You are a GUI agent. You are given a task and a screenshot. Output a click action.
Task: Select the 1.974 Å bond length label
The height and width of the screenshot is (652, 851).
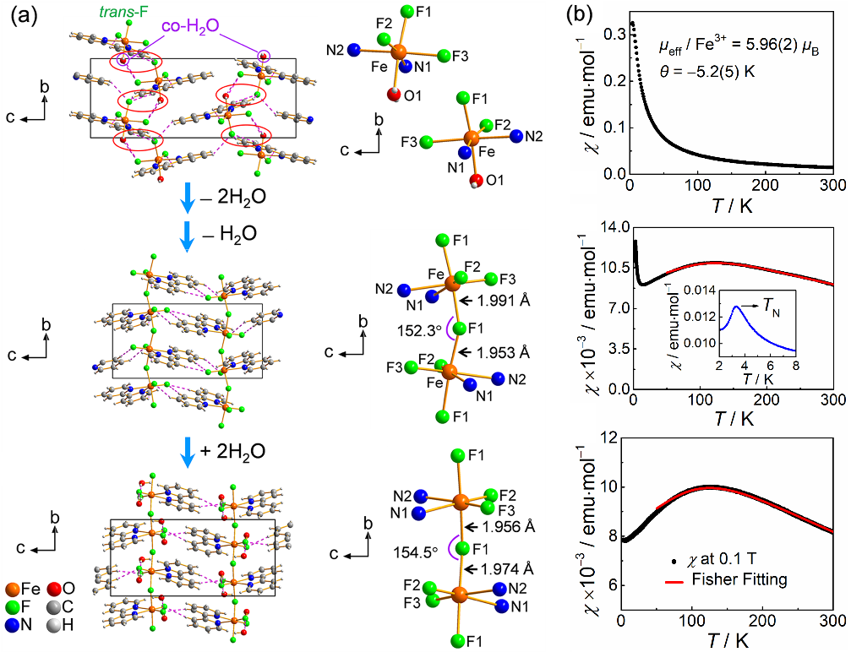(499, 568)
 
